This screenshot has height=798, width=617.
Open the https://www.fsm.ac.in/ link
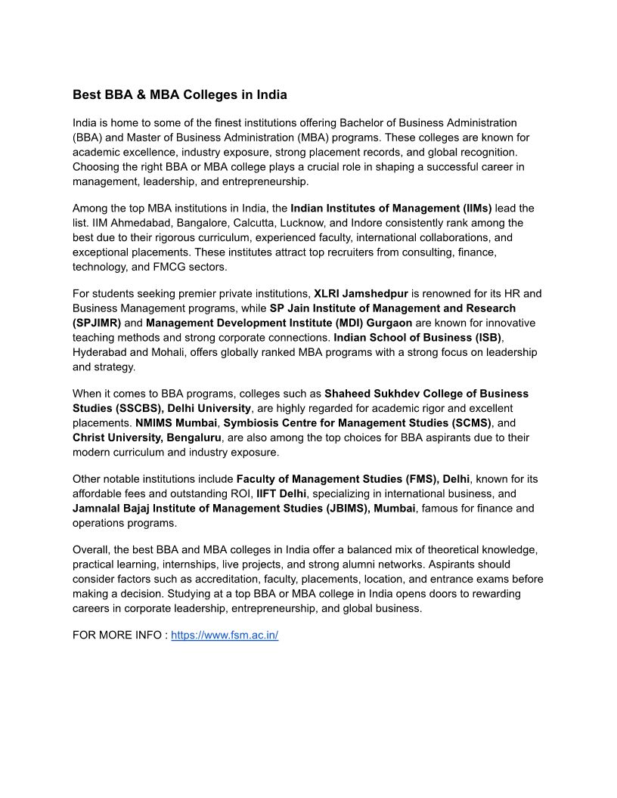(225, 636)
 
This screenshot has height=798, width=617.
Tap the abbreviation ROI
(239, 494)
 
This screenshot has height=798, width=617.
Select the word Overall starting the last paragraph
(91, 550)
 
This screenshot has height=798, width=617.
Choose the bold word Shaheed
(349, 394)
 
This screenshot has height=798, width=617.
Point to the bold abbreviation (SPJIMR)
(97, 323)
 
